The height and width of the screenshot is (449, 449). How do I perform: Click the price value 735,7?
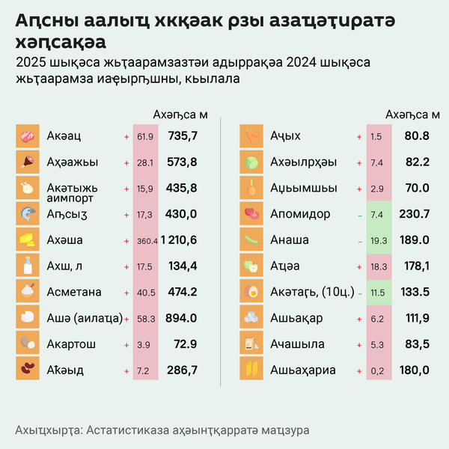point(183,136)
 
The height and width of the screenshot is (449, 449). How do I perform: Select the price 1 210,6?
point(177,240)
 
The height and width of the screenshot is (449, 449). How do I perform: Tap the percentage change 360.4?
point(147,241)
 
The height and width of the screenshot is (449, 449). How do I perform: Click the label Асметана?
point(74,292)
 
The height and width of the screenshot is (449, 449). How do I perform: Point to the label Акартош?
point(70,343)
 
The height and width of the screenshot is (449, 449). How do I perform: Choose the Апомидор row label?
point(300,214)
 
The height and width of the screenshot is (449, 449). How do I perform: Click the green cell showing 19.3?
point(377,240)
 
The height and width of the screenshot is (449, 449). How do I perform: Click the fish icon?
point(27,214)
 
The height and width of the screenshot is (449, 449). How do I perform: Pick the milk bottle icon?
point(27,266)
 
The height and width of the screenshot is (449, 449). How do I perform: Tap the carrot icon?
point(251,136)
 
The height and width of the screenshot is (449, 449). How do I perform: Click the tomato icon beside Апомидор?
point(251,214)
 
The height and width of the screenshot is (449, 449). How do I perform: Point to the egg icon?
point(251,292)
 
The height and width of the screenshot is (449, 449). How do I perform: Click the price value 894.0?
point(183,318)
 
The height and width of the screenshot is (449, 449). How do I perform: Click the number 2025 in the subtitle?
point(30,62)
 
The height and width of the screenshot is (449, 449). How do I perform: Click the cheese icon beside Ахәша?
point(27,240)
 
